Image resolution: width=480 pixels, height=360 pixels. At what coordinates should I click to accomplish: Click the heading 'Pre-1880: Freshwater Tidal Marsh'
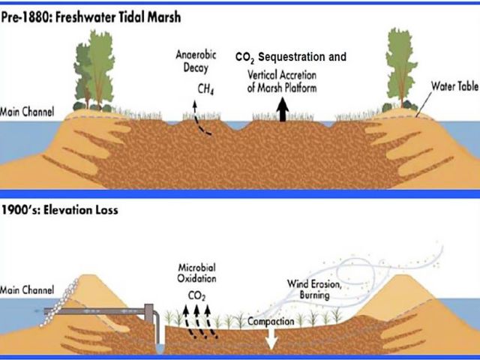point(91,17)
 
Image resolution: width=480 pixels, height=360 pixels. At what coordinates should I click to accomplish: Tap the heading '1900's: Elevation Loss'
point(60,210)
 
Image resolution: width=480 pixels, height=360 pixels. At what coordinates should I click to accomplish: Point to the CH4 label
point(205,89)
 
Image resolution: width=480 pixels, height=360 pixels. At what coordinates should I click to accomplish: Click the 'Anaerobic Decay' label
point(196,61)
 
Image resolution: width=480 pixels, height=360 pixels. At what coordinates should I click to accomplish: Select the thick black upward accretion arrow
point(283,109)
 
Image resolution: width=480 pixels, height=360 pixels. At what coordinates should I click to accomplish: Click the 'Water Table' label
point(454,86)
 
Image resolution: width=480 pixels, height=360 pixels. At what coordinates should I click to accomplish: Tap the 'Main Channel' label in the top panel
point(27,112)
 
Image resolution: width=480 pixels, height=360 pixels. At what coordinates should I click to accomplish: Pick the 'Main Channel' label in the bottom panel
point(27,289)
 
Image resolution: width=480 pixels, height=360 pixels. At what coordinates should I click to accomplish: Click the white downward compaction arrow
point(271,338)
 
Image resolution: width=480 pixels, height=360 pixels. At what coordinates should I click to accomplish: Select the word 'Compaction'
point(271,322)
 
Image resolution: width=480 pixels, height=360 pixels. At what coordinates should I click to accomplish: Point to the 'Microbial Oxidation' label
point(196,273)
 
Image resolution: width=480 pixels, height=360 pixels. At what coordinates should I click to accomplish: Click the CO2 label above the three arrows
point(196,296)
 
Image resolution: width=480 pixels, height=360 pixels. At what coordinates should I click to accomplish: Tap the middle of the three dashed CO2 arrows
point(199,322)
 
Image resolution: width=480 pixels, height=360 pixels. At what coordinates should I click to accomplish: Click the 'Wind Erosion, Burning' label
point(314,289)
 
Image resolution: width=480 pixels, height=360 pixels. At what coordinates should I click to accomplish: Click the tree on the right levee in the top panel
point(401,68)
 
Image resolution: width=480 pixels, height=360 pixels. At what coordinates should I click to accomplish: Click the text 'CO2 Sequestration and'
point(291,57)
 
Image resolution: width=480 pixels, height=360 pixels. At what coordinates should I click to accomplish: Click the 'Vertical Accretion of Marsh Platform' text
point(282,82)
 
